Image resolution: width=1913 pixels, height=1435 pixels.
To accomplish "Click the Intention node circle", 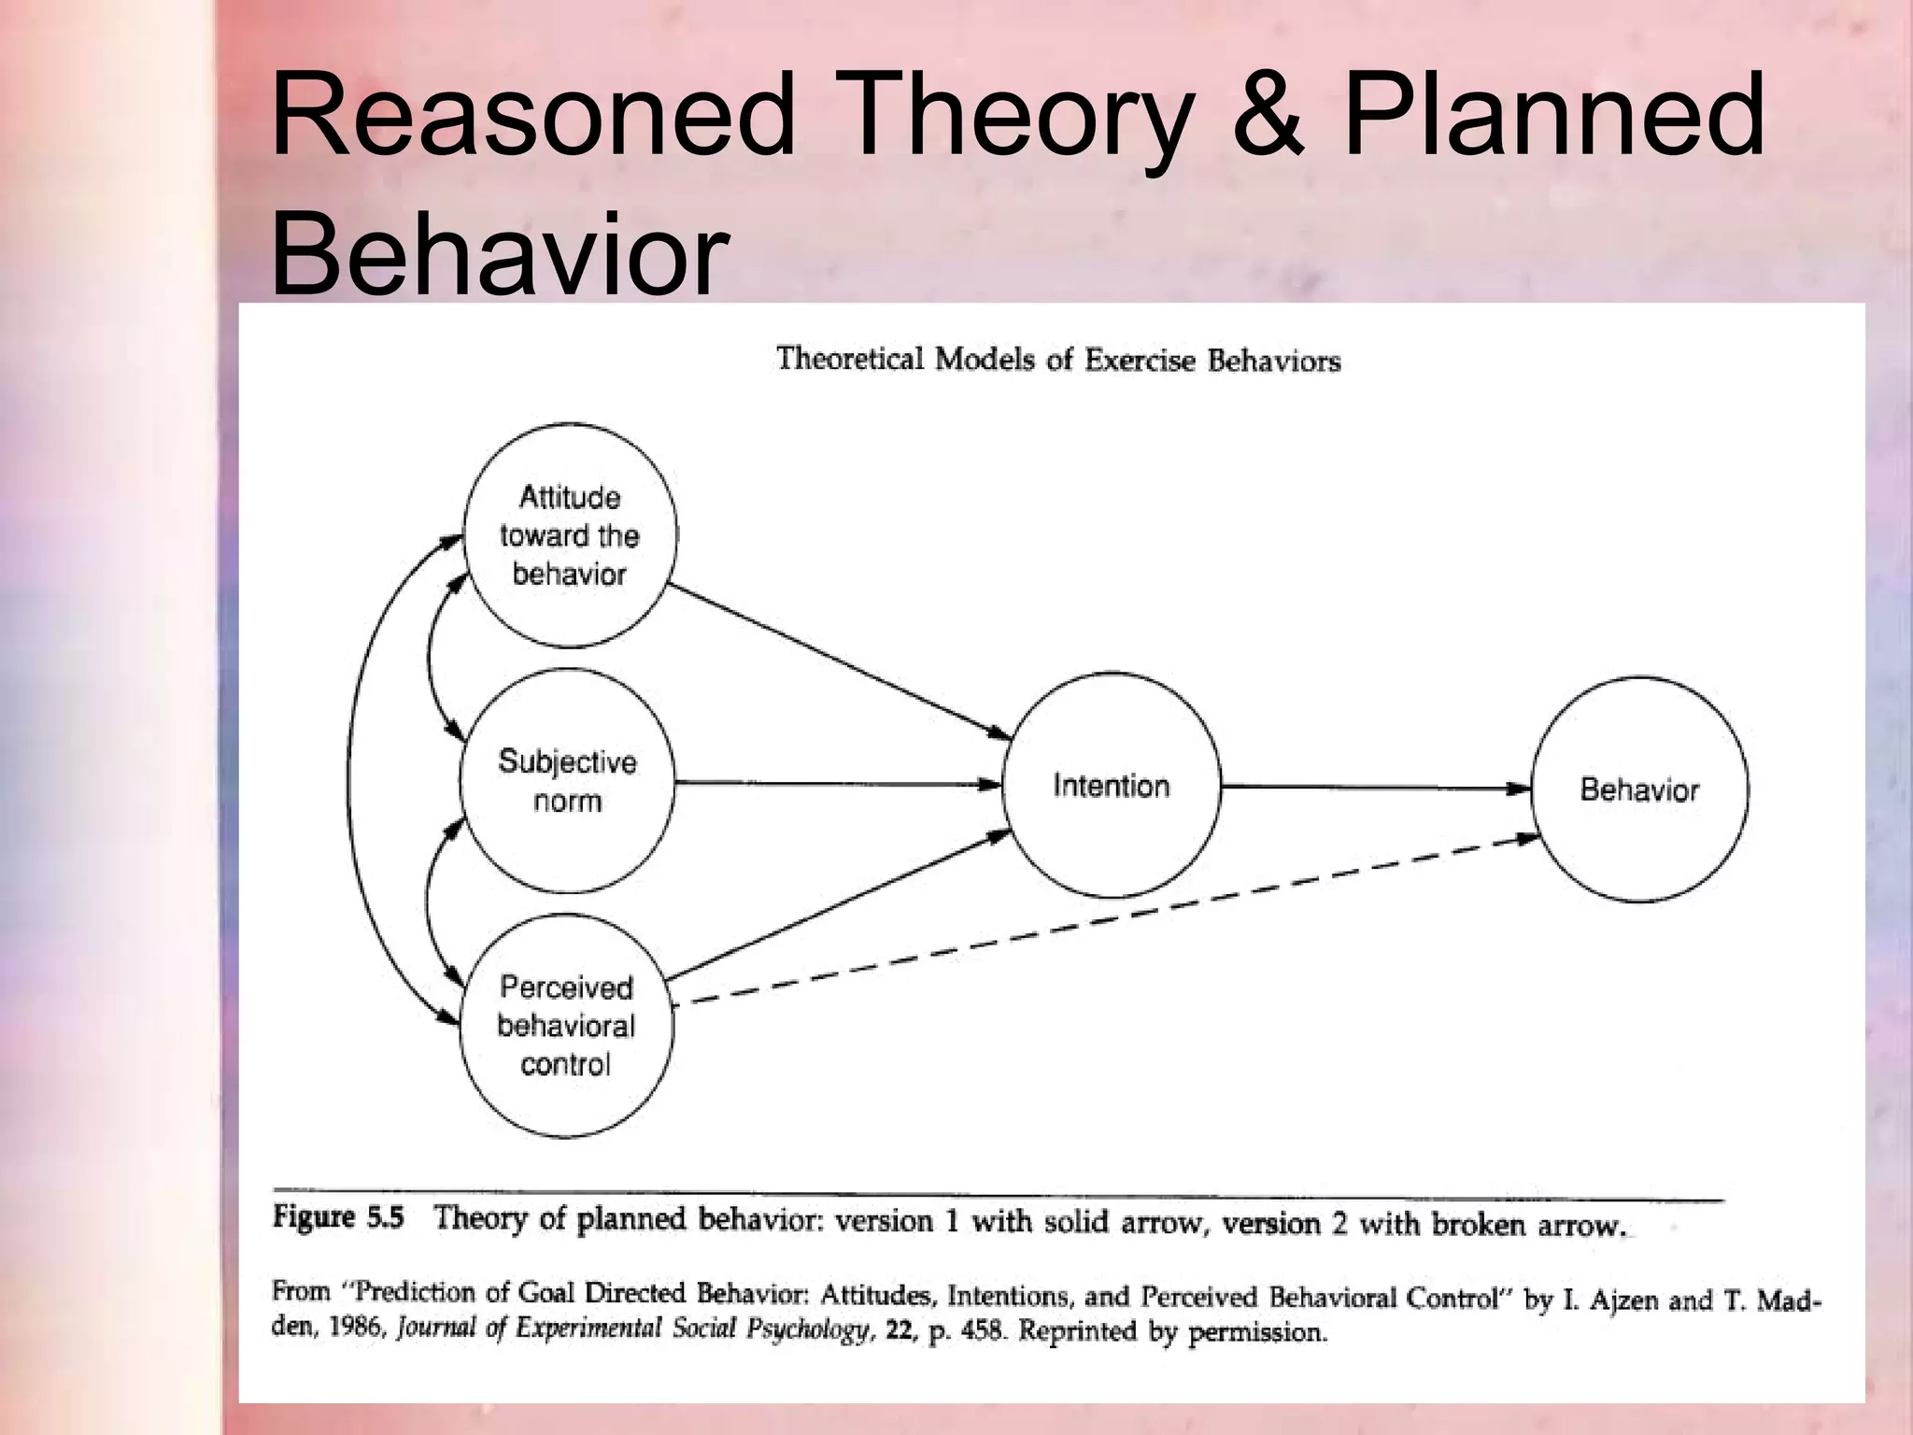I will click(x=1111, y=786).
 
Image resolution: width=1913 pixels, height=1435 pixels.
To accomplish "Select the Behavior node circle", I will click(x=1639, y=789).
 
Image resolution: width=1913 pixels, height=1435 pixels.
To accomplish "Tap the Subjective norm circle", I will click(x=567, y=781).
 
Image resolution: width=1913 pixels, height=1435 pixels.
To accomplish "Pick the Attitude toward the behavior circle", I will click(x=570, y=535).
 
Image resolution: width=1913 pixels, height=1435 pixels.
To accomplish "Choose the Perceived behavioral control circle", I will click(x=566, y=1026).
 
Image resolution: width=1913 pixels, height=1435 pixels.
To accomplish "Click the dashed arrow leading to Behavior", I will click(x=1102, y=920).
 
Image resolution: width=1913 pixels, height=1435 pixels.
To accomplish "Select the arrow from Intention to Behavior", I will click(x=1373, y=787).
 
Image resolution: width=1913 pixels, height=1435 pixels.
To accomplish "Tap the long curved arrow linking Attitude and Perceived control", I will click(x=350, y=780).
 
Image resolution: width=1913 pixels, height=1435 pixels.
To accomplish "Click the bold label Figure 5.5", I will click(x=338, y=1217).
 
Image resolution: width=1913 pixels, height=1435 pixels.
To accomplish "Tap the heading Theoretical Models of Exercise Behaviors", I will click(x=1058, y=360).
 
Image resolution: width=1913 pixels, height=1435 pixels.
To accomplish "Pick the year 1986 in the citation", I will click(x=356, y=1328).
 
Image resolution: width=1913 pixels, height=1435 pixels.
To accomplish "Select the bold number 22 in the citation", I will click(x=900, y=1329).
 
